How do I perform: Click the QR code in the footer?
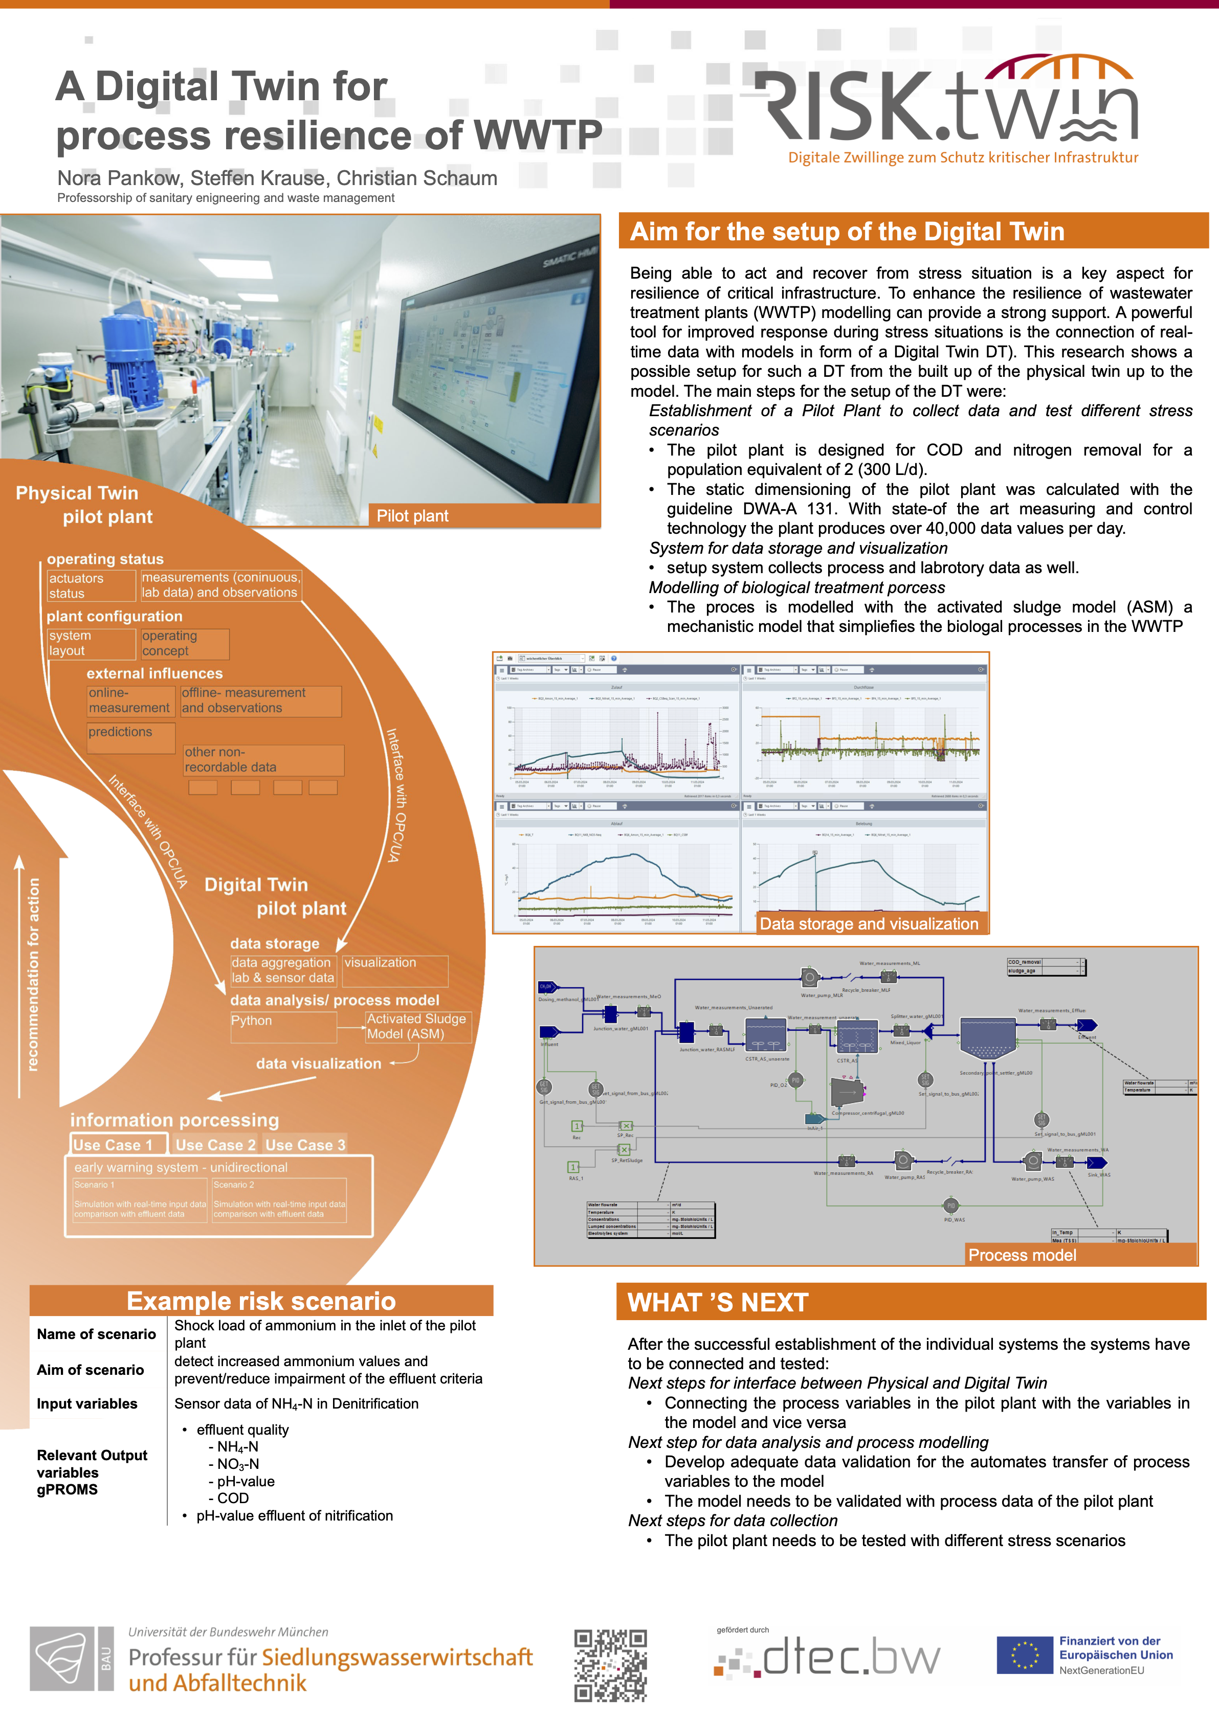tap(610, 1665)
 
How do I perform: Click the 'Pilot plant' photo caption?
tap(412, 515)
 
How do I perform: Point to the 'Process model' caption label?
tap(1022, 1255)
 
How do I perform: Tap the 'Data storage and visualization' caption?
tap(869, 924)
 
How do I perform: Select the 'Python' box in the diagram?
tap(282, 1027)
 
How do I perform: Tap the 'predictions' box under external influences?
tap(130, 738)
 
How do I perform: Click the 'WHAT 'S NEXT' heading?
tap(718, 1303)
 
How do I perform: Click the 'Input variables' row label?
tap(87, 1404)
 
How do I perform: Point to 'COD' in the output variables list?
tap(233, 1499)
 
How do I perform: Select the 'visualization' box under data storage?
tap(395, 970)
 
